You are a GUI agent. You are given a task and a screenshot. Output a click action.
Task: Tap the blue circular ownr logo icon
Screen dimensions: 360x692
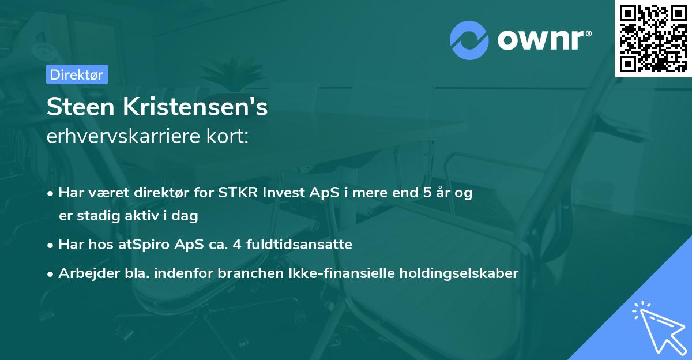coord(469,40)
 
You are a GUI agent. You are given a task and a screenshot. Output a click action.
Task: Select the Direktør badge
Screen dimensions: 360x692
coord(77,74)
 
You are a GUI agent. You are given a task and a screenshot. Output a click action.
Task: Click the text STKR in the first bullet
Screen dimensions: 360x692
coord(236,193)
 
